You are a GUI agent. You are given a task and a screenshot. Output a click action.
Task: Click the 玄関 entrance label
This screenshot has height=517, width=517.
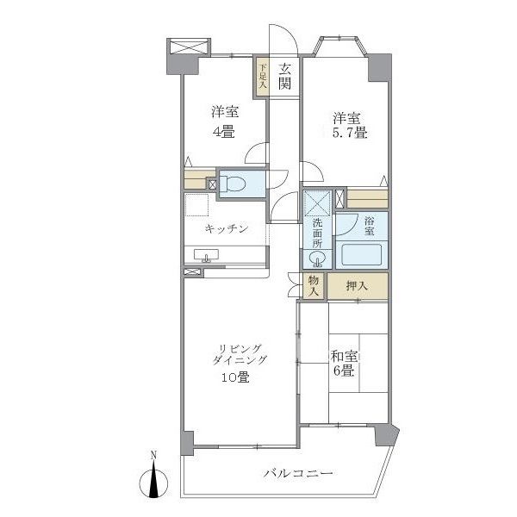[x=284, y=75]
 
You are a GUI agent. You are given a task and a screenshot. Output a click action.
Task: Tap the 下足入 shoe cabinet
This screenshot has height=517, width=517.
[x=261, y=75]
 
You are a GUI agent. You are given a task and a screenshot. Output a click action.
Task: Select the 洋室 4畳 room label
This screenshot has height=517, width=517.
[x=224, y=122]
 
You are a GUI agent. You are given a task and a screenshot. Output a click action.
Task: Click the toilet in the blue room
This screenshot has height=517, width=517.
[x=234, y=184]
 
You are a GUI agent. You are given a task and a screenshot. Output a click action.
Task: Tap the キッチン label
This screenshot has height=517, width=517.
[x=227, y=228]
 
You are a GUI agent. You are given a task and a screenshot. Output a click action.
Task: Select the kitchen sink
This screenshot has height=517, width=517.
[x=207, y=255]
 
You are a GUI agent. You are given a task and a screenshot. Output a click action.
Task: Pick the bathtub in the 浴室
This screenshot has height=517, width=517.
[x=361, y=255]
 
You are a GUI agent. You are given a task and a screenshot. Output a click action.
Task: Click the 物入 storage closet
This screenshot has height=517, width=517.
[x=312, y=286]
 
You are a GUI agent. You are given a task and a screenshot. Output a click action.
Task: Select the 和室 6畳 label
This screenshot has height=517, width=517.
[x=341, y=362]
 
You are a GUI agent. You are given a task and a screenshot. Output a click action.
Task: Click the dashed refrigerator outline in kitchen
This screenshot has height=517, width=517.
[x=196, y=205]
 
